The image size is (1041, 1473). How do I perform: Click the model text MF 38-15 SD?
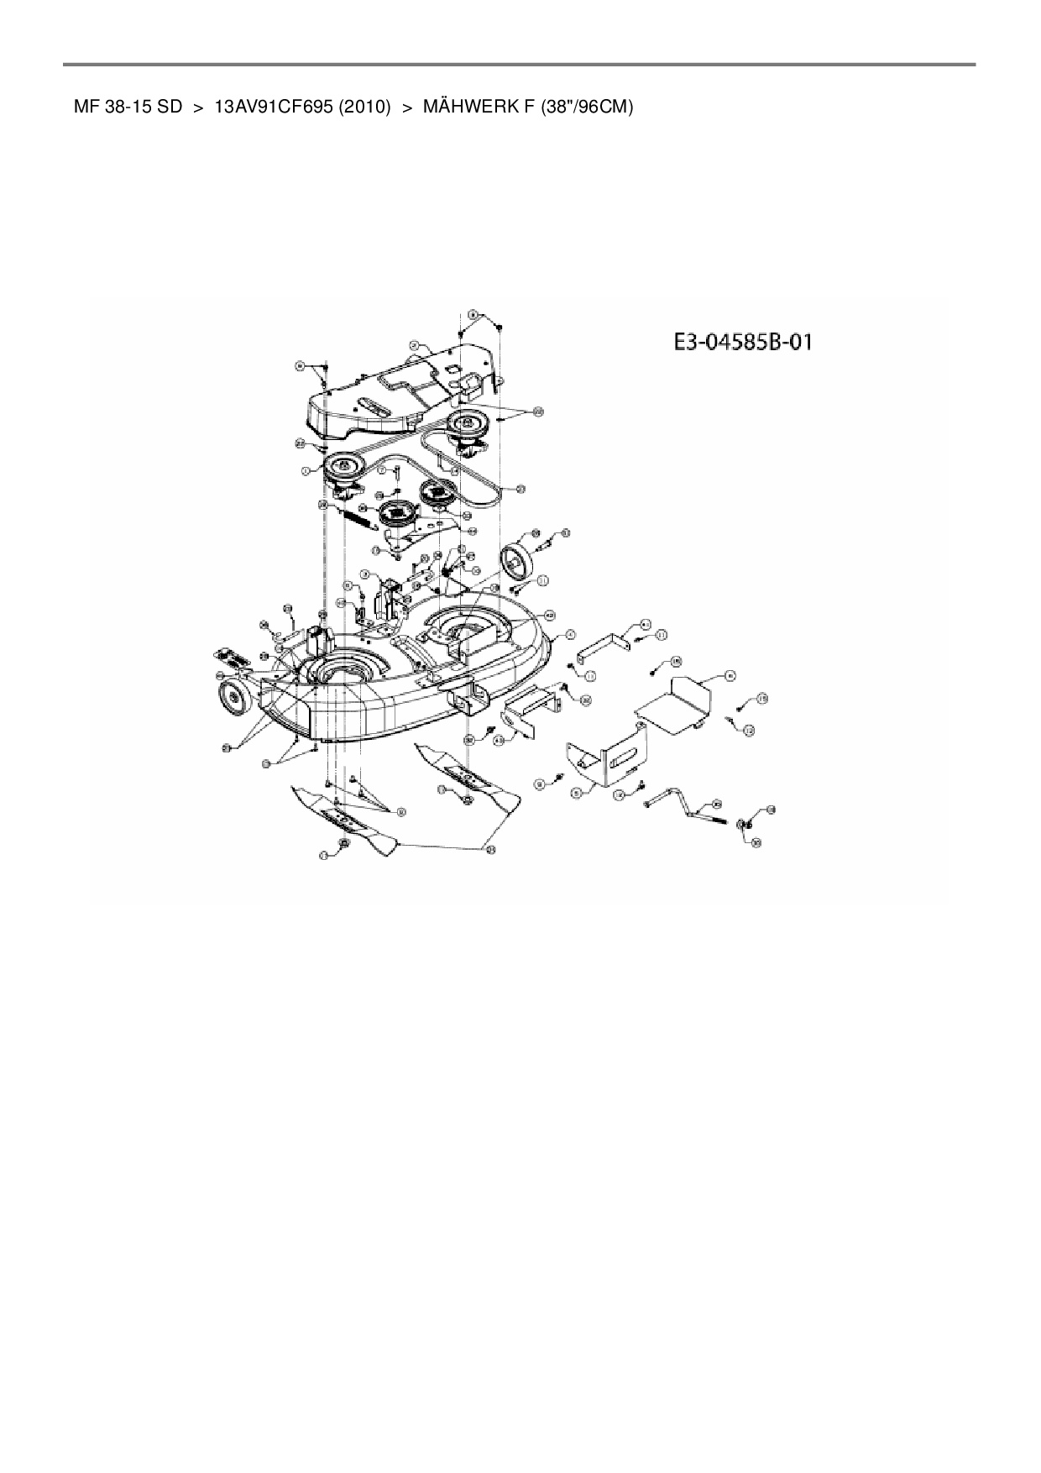click(x=128, y=107)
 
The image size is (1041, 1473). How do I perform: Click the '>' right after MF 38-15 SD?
click(x=198, y=107)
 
